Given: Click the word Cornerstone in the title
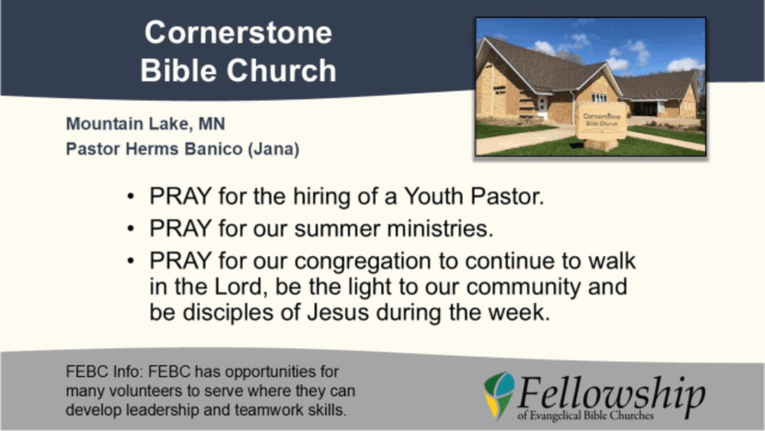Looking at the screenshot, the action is (x=238, y=33).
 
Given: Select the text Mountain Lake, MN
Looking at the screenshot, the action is (x=146, y=124).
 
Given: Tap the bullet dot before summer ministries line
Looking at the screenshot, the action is (x=130, y=229).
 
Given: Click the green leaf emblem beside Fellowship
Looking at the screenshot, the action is (x=499, y=395).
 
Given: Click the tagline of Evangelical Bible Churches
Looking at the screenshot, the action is (x=586, y=416).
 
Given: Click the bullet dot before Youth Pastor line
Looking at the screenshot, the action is (x=130, y=197).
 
